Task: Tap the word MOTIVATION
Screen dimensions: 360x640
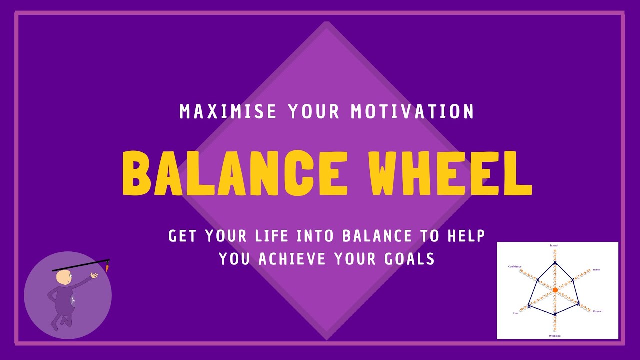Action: coord(412,111)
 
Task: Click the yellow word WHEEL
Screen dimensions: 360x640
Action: coord(451,173)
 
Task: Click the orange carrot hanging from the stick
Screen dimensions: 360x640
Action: coord(107,268)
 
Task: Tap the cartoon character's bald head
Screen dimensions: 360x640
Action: coord(64,277)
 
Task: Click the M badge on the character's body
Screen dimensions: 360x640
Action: coord(73,300)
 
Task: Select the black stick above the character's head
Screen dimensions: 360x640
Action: coord(80,265)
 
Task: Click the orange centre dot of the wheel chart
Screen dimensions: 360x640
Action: coord(555,290)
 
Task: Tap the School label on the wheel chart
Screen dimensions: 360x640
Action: coord(554,246)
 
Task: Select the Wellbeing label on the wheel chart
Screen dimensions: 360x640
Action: coord(555,336)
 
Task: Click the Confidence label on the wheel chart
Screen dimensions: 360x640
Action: coord(515,266)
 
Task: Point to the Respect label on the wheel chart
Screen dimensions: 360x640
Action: coord(597,311)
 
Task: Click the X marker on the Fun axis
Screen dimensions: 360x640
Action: coord(528,306)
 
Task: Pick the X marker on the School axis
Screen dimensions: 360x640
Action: coord(555,263)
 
